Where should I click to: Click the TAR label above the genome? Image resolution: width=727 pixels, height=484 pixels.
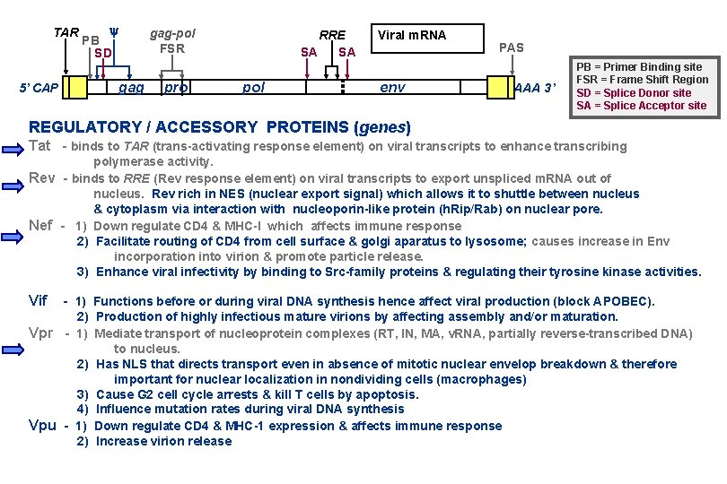pyautogui.click(x=65, y=33)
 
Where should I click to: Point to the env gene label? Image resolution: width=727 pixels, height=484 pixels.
pyautogui.click(x=392, y=88)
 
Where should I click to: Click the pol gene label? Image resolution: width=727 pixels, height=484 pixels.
pyautogui.click(x=254, y=88)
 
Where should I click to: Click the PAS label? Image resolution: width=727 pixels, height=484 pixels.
pyautogui.click(x=512, y=48)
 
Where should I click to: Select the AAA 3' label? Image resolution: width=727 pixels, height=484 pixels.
pyautogui.click(x=536, y=88)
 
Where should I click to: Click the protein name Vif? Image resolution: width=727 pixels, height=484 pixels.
pyautogui.click(x=38, y=301)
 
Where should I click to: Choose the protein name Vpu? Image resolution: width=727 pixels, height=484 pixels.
pyautogui.click(x=42, y=426)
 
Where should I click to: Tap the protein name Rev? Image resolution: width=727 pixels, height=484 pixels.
pyautogui.click(x=42, y=178)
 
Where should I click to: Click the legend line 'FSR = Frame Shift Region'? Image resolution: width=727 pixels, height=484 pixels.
pyautogui.click(x=642, y=80)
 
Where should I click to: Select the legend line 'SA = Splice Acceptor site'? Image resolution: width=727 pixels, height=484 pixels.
pyautogui.click(x=641, y=106)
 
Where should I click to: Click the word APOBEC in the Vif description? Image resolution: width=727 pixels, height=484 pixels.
pyautogui.click(x=626, y=302)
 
